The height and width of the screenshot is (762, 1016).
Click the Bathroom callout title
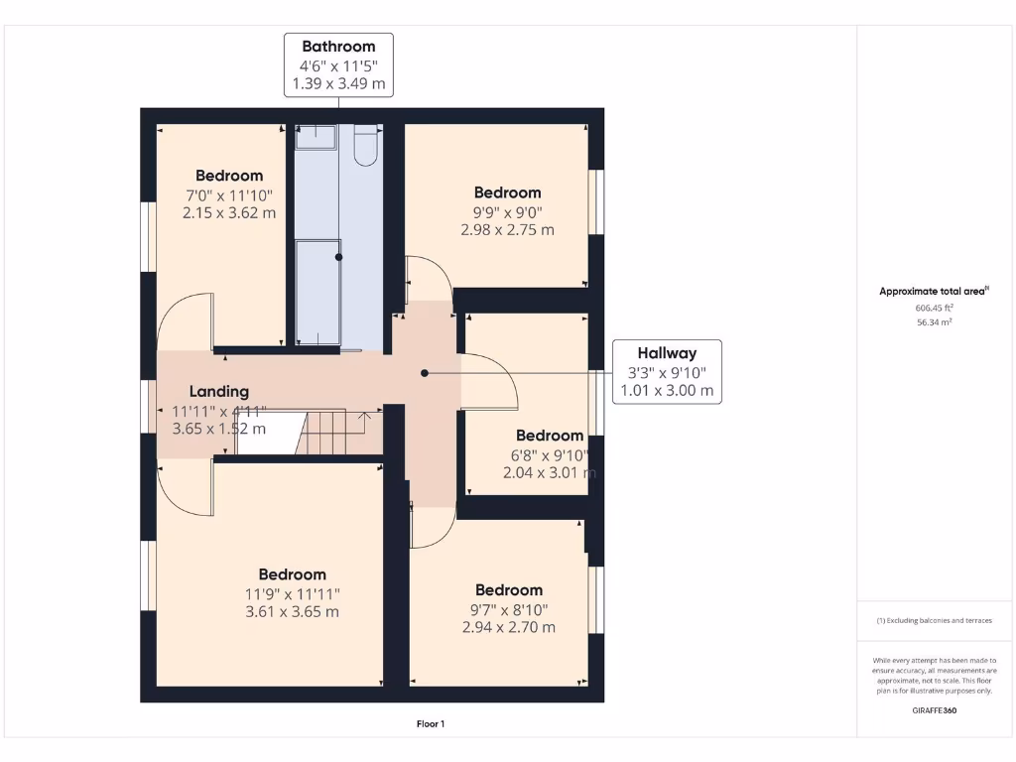click(x=338, y=47)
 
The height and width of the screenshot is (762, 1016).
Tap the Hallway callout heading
click(x=667, y=353)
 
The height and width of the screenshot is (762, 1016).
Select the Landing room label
click(x=219, y=391)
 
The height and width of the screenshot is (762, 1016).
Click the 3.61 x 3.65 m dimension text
click(x=293, y=611)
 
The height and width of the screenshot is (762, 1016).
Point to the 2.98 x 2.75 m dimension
click(x=507, y=230)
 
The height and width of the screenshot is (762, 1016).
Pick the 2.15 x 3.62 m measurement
click(x=229, y=213)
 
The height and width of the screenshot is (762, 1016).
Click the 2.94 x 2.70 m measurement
click(x=509, y=627)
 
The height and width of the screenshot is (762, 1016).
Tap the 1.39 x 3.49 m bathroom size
click(x=338, y=83)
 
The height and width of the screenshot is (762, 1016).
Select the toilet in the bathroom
click(x=366, y=145)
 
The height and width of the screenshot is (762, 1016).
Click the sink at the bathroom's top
click(x=317, y=137)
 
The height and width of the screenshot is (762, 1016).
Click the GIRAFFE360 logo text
click(x=935, y=710)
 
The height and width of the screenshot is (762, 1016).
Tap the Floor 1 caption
click(x=431, y=723)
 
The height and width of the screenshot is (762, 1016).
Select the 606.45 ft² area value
click(x=934, y=308)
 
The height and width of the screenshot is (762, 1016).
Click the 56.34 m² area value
click(x=934, y=322)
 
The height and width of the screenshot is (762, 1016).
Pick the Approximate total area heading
click(x=934, y=291)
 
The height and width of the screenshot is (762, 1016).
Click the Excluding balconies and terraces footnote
click(x=934, y=621)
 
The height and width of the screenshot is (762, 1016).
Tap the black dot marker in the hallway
click(x=425, y=373)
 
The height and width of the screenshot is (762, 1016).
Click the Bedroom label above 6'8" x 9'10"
click(x=550, y=436)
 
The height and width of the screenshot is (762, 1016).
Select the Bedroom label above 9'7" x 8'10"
click(x=509, y=590)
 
